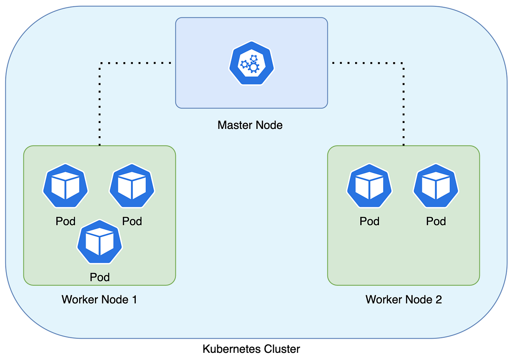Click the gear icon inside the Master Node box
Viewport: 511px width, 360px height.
251,65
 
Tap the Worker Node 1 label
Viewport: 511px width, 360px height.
99,299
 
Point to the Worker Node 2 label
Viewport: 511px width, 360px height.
403,299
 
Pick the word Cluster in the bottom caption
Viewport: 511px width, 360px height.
282,349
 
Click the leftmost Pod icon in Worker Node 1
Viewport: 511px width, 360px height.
66,186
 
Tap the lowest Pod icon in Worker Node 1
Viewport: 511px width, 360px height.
100,242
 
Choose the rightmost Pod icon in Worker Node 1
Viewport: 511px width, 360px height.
132,186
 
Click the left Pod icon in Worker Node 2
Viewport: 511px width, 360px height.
369,186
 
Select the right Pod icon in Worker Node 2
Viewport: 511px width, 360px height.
436,186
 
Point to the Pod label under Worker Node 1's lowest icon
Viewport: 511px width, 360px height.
100,277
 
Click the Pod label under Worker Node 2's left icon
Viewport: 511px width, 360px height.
369,221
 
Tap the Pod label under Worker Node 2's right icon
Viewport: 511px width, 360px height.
436,221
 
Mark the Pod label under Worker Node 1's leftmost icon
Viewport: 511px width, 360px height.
66,221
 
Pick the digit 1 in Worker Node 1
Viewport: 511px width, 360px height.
134,299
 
